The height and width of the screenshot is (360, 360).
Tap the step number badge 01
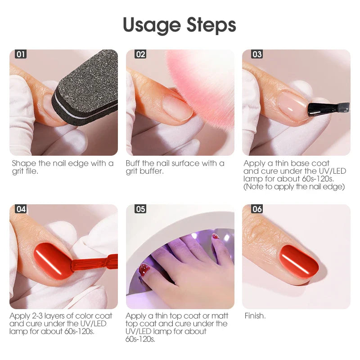21,54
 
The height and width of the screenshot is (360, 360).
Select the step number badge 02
140,54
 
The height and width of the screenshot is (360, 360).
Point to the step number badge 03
257,54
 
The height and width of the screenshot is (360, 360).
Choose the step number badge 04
21,209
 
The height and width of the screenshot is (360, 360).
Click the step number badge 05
140,209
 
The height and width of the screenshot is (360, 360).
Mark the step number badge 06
257,209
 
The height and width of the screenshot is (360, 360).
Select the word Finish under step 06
255,316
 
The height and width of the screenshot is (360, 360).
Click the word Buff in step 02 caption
134,163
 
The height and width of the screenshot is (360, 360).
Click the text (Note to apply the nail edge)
294,186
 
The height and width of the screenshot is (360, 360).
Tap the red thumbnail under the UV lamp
144,270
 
